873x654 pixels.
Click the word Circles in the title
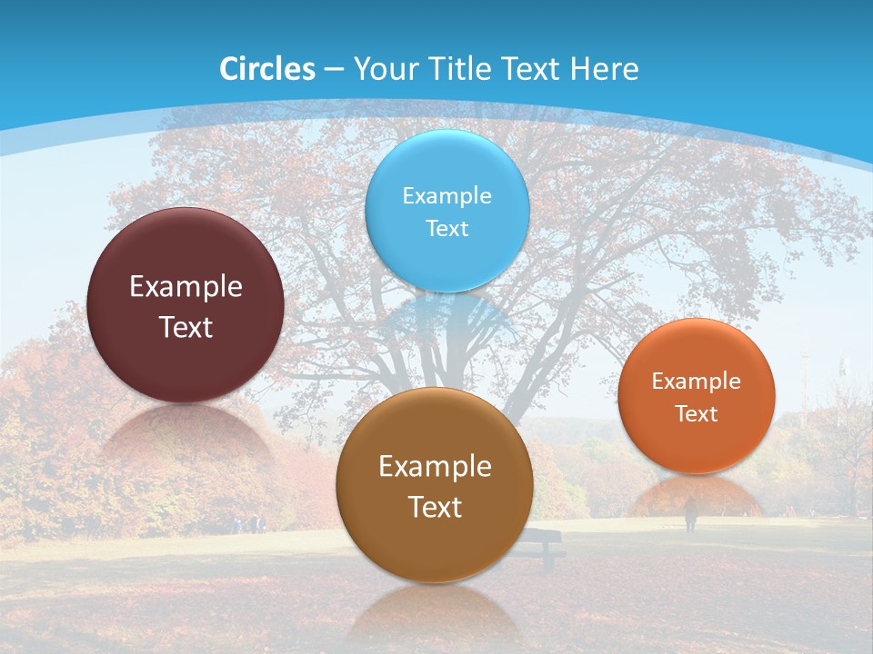point(267,69)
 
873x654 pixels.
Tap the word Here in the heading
point(604,69)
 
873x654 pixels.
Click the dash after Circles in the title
point(333,70)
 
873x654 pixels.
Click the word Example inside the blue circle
point(447,195)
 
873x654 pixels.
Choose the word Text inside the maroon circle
point(186,327)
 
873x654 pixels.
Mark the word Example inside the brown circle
point(435,467)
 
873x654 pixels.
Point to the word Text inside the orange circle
point(697,414)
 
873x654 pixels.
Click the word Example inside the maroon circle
point(186,287)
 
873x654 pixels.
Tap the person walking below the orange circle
point(690,515)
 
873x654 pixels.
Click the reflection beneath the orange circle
point(697,495)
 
